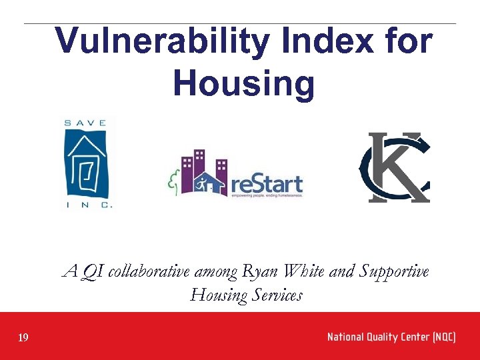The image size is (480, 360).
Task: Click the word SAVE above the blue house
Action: click(x=85, y=123)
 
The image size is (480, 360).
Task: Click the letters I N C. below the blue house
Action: click(x=89, y=205)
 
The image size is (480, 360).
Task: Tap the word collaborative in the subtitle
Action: click(x=149, y=272)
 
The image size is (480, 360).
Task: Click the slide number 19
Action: click(x=23, y=338)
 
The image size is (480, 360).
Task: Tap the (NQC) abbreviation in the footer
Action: click(x=443, y=337)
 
